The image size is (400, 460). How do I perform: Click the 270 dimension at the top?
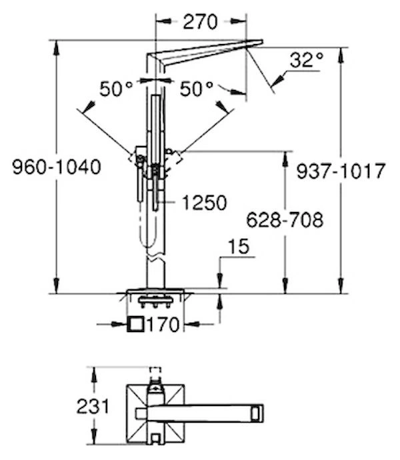pos(201,22)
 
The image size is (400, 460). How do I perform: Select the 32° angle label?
pos(307,60)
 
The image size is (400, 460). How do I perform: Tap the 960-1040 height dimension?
pos(57,167)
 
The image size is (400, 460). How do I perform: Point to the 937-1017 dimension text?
pos(341,171)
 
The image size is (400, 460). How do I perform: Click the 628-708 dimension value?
pos(285,220)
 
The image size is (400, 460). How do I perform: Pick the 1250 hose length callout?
pos(205,203)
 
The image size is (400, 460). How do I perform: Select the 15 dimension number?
pos(239,247)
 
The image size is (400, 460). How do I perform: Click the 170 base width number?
pos(162,325)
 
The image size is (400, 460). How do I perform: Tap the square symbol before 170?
pos(135,325)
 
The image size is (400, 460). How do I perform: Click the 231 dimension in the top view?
pos(93,406)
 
